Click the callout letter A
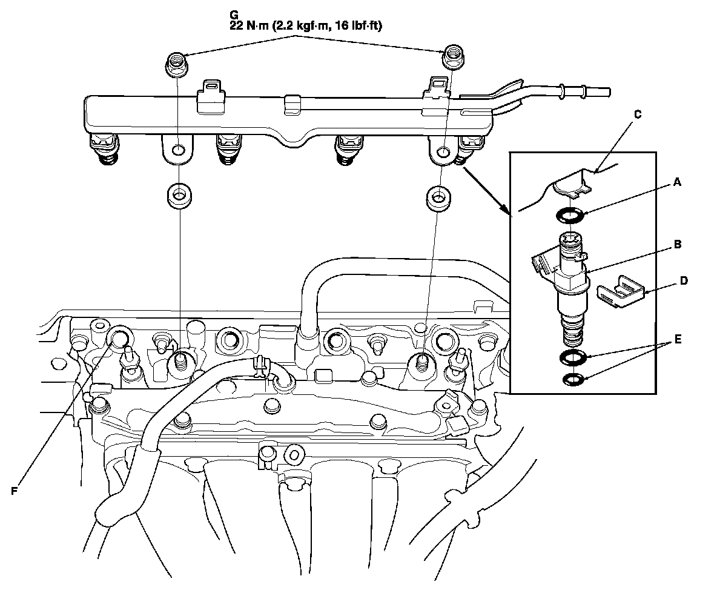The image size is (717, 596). click(678, 183)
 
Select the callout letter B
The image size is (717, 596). click(678, 245)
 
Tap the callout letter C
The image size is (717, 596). click(637, 113)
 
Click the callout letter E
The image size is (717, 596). click(678, 339)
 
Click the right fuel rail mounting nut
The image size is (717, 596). click(451, 58)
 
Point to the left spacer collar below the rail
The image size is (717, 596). click(177, 196)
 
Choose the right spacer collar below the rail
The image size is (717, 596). click(437, 198)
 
